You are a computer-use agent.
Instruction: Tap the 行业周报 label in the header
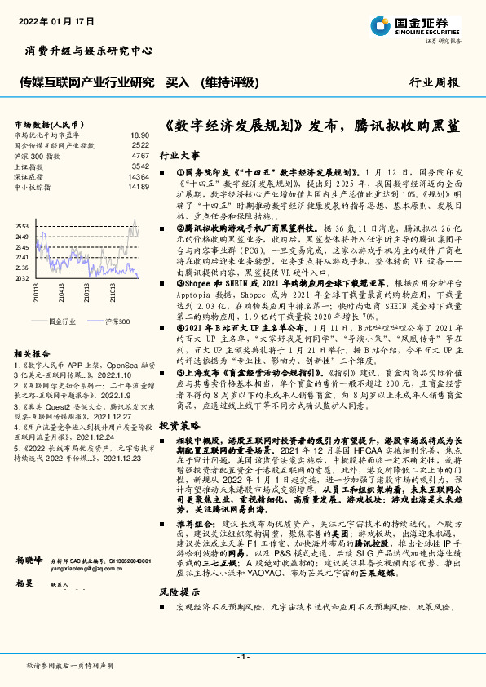[x=434, y=82]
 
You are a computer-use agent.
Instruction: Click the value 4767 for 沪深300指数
[x=140, y=155]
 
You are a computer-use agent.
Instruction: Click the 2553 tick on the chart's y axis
[x=21, y=225]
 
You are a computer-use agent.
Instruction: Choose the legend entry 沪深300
[x=117, y=321]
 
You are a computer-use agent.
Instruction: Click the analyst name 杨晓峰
[x=28, y=561]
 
